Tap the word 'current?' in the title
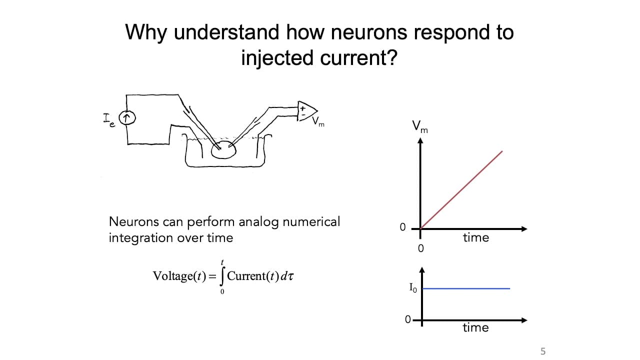pos(358,57)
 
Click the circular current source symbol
pos(127,117)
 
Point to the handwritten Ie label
pos(109,120)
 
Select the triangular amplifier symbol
pos(306,111)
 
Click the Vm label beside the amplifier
pos(318,121)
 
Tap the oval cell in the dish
pos(223,149)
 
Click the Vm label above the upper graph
pos(419,127)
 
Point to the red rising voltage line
pos(461,190)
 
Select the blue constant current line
pos(466,288)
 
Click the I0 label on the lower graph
pos(413,287)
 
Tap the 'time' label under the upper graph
pos(476,237)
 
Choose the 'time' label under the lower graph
pos(475,327)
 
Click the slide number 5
pos(543,351)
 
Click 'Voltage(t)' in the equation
pos(179,276)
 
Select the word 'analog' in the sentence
pos(258,222)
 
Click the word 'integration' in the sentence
pos(141,238)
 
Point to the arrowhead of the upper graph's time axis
pos(524,229)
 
